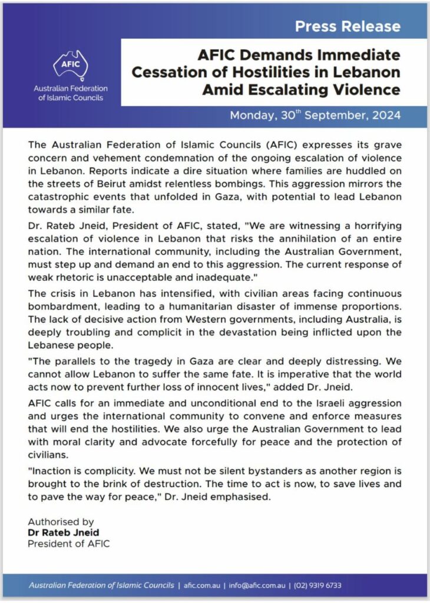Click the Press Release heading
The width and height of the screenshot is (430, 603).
(348, 26)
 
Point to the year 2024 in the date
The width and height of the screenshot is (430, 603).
(385, 115)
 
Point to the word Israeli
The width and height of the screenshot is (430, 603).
(333, 403)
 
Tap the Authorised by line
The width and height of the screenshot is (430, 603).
(61, 522)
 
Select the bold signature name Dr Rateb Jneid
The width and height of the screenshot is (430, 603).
(64, 533)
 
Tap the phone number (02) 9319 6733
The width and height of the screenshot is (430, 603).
(317, 585)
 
